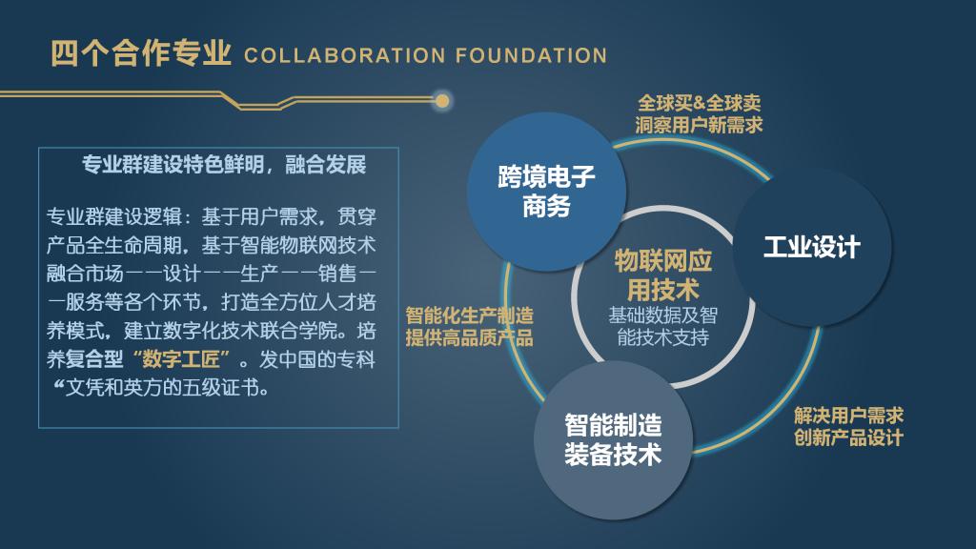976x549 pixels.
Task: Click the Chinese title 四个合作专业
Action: tap(141, 53)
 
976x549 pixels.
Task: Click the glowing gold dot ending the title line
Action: tap(442, 99)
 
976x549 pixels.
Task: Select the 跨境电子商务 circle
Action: tap(546, 191)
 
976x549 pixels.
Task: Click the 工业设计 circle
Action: tap(811, 247)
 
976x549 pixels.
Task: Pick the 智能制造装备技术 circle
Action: tap(612, 438)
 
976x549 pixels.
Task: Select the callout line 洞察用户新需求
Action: tap(699, 124)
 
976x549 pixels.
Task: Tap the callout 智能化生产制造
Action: tap(469, 315)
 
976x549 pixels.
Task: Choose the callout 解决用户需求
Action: tap(848, 416)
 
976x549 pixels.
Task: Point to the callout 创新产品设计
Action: tap(848, 437)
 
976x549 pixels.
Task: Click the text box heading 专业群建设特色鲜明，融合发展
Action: tap(224, 165)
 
